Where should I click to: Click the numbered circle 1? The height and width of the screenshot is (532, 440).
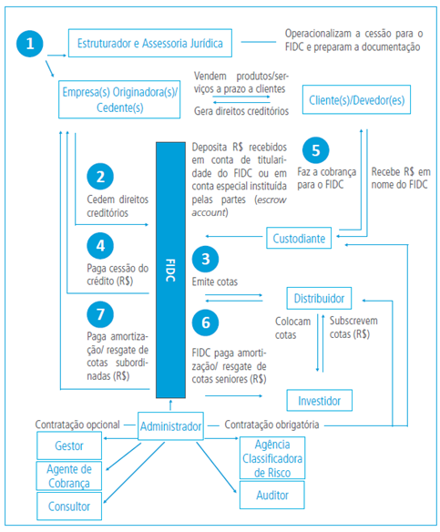tap(33, 43)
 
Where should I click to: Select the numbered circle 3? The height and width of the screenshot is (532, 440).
tap(207, 260)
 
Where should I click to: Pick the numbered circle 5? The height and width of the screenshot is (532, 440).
tap(315, 150)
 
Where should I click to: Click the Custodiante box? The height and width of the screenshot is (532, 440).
tap(299, 239)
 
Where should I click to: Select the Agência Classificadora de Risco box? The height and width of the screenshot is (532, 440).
tap(271, 457)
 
